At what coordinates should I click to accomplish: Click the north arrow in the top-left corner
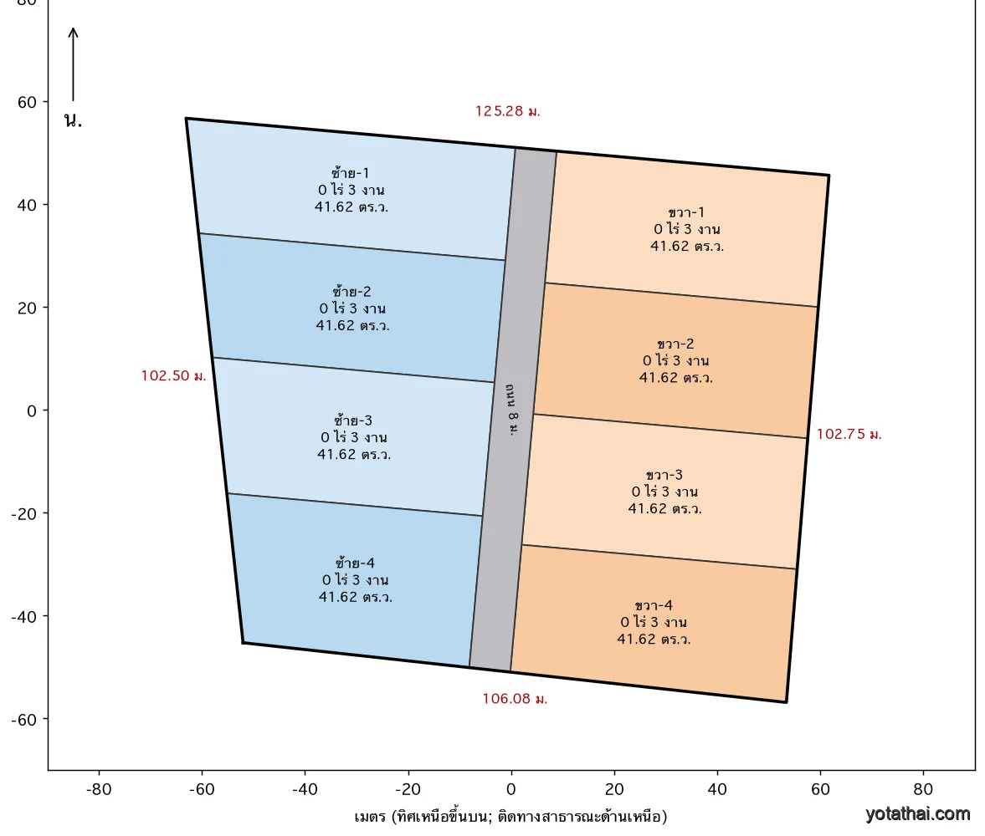tap(73, 64)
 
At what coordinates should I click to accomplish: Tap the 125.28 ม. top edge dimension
tap(508, 111)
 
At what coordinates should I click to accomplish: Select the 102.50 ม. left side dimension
tap(173, 375)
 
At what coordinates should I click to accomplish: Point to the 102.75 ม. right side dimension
tap(849, 435)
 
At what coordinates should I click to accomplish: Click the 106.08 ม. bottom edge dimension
tap(516, 699)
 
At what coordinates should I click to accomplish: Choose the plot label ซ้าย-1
tap(351, 172)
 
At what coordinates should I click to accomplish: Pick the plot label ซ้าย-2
tap(351, 291)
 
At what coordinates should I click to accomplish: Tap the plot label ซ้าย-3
tap(353, 420)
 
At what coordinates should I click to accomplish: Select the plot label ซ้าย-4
tap(355, 563)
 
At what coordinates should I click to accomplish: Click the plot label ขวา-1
tap(686, 212)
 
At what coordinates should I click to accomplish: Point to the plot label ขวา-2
tap(675, 344)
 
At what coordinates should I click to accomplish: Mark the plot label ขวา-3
tap(664, 475)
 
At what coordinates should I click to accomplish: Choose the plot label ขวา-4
tap(654, 605)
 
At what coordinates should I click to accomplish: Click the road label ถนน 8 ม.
tap(513, 409)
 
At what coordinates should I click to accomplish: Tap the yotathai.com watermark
tap(917, 814)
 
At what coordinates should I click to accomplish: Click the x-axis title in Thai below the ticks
tap(510, 817)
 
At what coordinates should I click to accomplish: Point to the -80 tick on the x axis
tap(99, 789)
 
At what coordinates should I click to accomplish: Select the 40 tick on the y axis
tap(27, 205)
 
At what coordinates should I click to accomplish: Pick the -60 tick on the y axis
tap(24, 719)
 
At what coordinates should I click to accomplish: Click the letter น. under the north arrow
tap(73, 120)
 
